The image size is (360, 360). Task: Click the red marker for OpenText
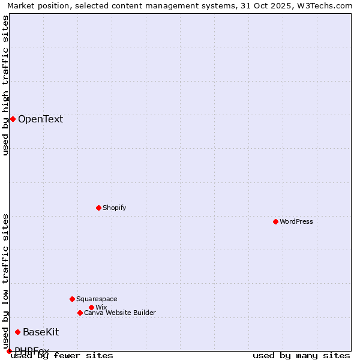click(13, 119)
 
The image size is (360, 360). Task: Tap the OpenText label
click(40, 119)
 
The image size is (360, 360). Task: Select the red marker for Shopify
click(98, 208)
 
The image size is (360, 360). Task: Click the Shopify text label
click(114, 208)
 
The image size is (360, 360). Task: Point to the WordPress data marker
click(275, 221)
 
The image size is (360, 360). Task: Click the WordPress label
click(296, 221)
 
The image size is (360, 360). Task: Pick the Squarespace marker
click(72, 299)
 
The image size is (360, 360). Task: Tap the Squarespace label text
click(97, 299)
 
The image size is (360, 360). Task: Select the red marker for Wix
click(91, 307)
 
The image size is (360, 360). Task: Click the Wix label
click(101, 307)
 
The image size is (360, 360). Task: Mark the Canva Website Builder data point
click(80, 313)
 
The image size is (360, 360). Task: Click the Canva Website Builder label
click(119, 313)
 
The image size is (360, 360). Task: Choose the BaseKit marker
click(17, 332)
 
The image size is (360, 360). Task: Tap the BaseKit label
click(41, 332)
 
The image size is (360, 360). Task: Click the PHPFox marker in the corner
click(9, 351)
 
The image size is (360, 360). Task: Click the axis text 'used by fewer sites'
click(62, 355)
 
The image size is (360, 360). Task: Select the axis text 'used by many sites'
click(301, 355)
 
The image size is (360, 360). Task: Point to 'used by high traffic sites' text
click(5, 85)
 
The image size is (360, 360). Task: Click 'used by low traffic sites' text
click(5, 277)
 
